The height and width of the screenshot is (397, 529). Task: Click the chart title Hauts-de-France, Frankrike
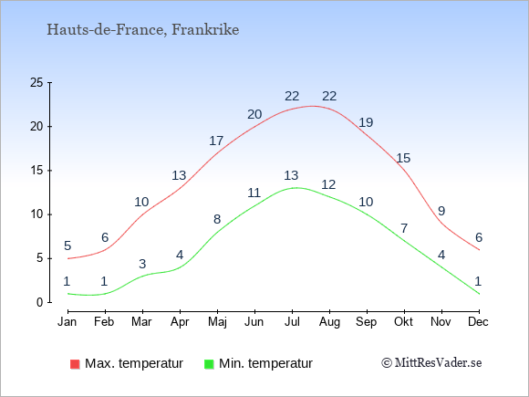(142, 30)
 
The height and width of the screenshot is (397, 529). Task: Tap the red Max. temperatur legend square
(75, 364)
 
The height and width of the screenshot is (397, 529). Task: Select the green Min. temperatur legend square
(209, 364)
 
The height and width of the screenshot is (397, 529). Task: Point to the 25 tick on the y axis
(36, 82)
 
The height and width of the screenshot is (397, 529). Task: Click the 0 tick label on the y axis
(40, 302)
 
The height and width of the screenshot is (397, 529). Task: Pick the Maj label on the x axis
(217, 322)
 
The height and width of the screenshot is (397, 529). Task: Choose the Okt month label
(403, 322)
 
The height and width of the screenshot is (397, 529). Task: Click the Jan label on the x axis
(67, 322)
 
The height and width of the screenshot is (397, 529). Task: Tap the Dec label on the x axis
(478, 322)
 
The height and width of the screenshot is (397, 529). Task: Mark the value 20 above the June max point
(254, 114)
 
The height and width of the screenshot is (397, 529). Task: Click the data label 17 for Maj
(216, 141)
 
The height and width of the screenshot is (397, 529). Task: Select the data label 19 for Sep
(366, 122)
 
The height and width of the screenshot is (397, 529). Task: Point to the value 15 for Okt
(403, 158)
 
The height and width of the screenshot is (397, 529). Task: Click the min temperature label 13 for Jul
(291, 175)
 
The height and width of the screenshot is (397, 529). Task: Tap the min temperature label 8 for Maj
(217, 219)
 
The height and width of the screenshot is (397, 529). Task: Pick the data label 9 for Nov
(441, 211)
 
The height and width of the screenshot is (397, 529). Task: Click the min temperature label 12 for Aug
(328, 184)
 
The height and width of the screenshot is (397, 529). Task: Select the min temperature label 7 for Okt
(404, 228)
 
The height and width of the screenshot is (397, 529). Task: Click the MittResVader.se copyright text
(431, 363)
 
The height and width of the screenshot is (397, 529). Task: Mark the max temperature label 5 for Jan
(67, 246)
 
